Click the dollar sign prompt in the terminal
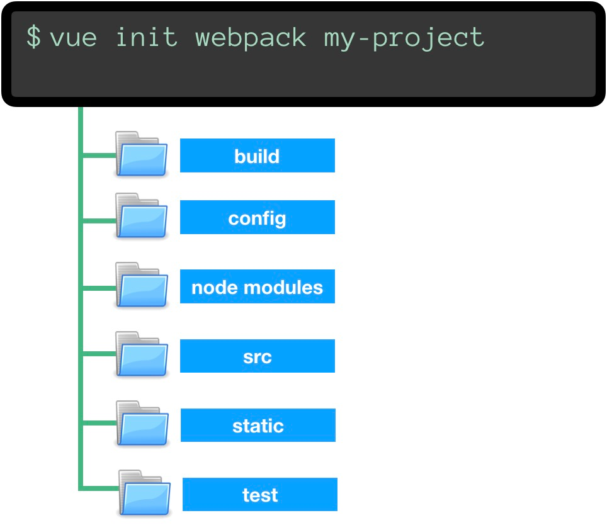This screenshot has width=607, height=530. (33, 38)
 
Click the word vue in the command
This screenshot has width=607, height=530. (73, 38)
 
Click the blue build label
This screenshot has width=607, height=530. (257, 155)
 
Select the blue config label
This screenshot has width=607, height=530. (257, 218)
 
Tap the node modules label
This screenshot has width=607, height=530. (257, 287)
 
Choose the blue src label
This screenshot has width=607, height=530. (257, 356)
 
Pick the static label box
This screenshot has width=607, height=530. (258, 426)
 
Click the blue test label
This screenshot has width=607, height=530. (259, 495)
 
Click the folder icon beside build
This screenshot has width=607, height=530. (142, 154)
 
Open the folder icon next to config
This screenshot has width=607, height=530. (142, 216)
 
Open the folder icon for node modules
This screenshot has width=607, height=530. (142, 285)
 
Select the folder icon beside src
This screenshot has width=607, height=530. (142, 354)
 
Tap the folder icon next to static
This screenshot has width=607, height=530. (142, 424)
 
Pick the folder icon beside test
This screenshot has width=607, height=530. (145, 493)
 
